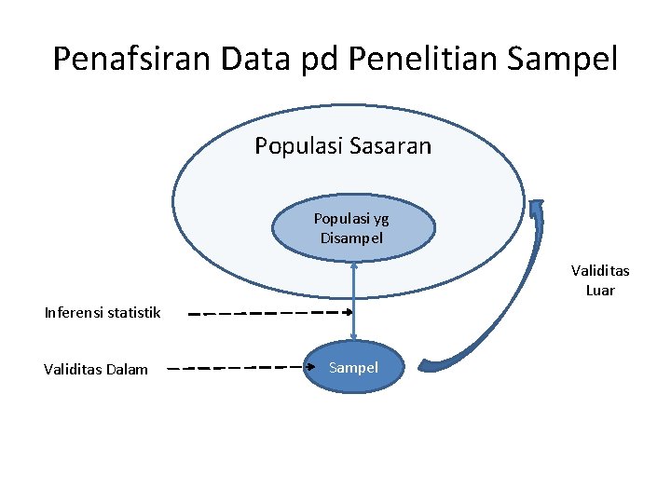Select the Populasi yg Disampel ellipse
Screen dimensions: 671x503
coord(352,228)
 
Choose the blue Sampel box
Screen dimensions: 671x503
coord(353,368)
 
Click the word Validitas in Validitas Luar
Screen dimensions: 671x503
coord(600,271)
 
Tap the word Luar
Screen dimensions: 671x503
coord(600,290)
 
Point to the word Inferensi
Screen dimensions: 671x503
coord(74,312)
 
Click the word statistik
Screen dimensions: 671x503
coord(132,312)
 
